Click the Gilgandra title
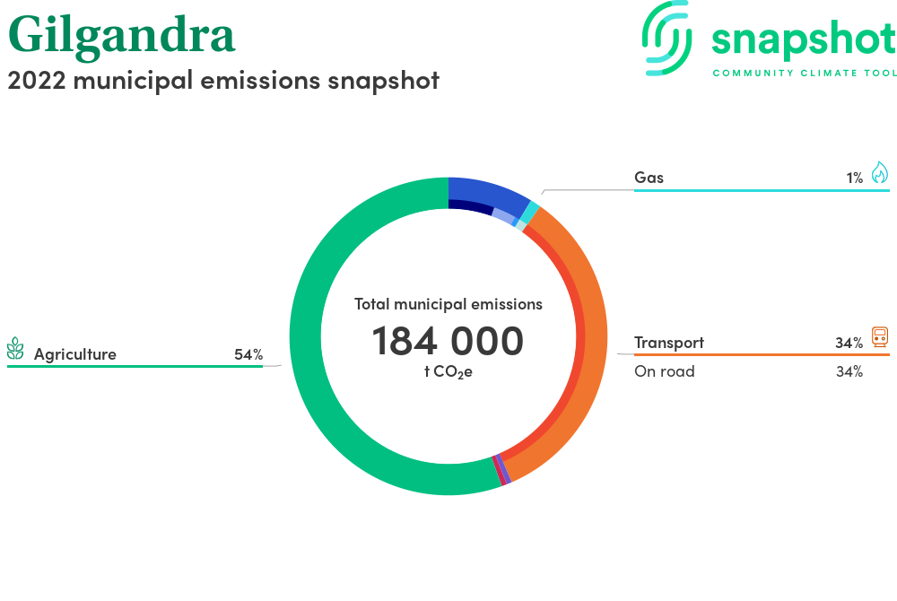[x=121, y=36]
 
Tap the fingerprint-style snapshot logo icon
[x=666, y=39]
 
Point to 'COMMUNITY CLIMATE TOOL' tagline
[x=805, y=73]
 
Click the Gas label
[x=649, y=178]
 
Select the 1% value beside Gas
[x=855, y=178]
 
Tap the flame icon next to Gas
[x=880, y=172]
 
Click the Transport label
[x=669, y=343]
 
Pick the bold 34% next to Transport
[x=849, y=343]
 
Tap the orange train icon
[x=880, y=336]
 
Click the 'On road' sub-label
[x=664, y=371]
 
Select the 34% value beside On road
[x=849, y=371]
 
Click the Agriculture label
[x=75, y=354]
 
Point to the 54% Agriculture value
[x=248, y=354]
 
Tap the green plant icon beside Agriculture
[x=15, y=348]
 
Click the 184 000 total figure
[x=448, y=341]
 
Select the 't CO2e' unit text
[x=448, y=372]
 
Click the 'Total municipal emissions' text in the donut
[x=448, y=304]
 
